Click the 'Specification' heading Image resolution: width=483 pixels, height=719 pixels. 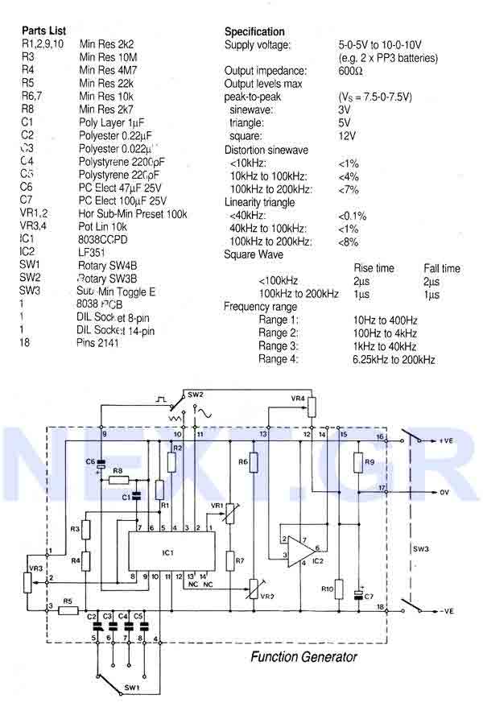click(x=254, y=31)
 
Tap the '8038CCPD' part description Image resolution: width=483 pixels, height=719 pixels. click(x=103, y=239)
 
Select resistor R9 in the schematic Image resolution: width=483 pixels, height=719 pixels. click(x=358, y=463)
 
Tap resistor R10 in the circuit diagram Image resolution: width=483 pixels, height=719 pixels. click(x=339, y=589)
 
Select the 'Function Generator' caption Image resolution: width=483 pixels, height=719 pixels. click(x=303, y=657)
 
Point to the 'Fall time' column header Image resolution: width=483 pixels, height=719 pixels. click(x=442, y=268)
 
